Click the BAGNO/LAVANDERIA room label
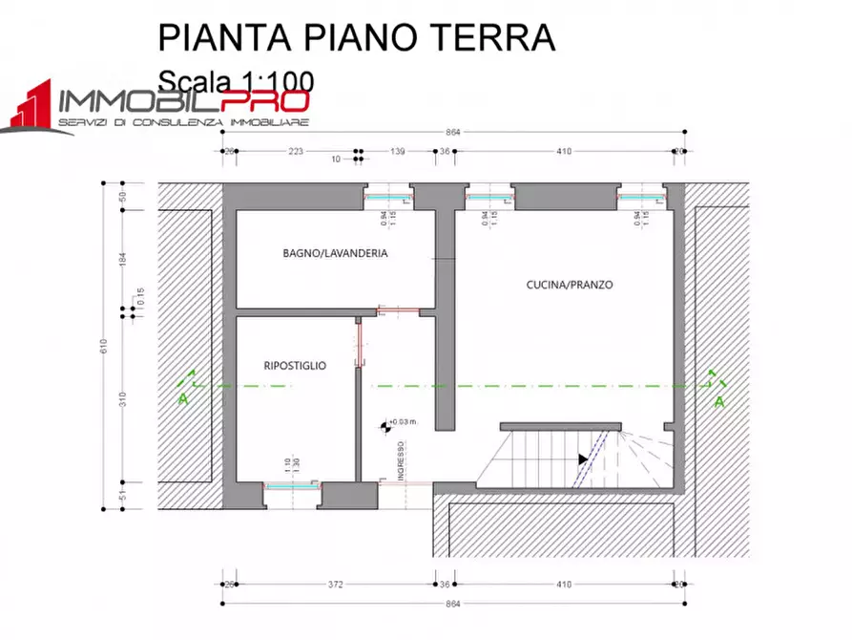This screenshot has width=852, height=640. [335, 253]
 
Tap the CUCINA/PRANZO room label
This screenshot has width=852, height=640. [570, 285]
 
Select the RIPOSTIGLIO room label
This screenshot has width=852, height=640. [295, 366]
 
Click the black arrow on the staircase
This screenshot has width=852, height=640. [582, 459]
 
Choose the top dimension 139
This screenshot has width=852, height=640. [399, 152]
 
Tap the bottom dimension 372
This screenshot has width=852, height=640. [334, 584]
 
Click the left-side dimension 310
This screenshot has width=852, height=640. [122, 398]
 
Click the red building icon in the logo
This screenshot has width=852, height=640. [31, 108]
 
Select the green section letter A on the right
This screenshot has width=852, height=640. [719, 402]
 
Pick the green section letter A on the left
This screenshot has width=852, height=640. [182, 398]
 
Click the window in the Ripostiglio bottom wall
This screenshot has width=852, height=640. [292, 485]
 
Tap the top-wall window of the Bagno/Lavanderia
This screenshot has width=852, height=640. [388, 196]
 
